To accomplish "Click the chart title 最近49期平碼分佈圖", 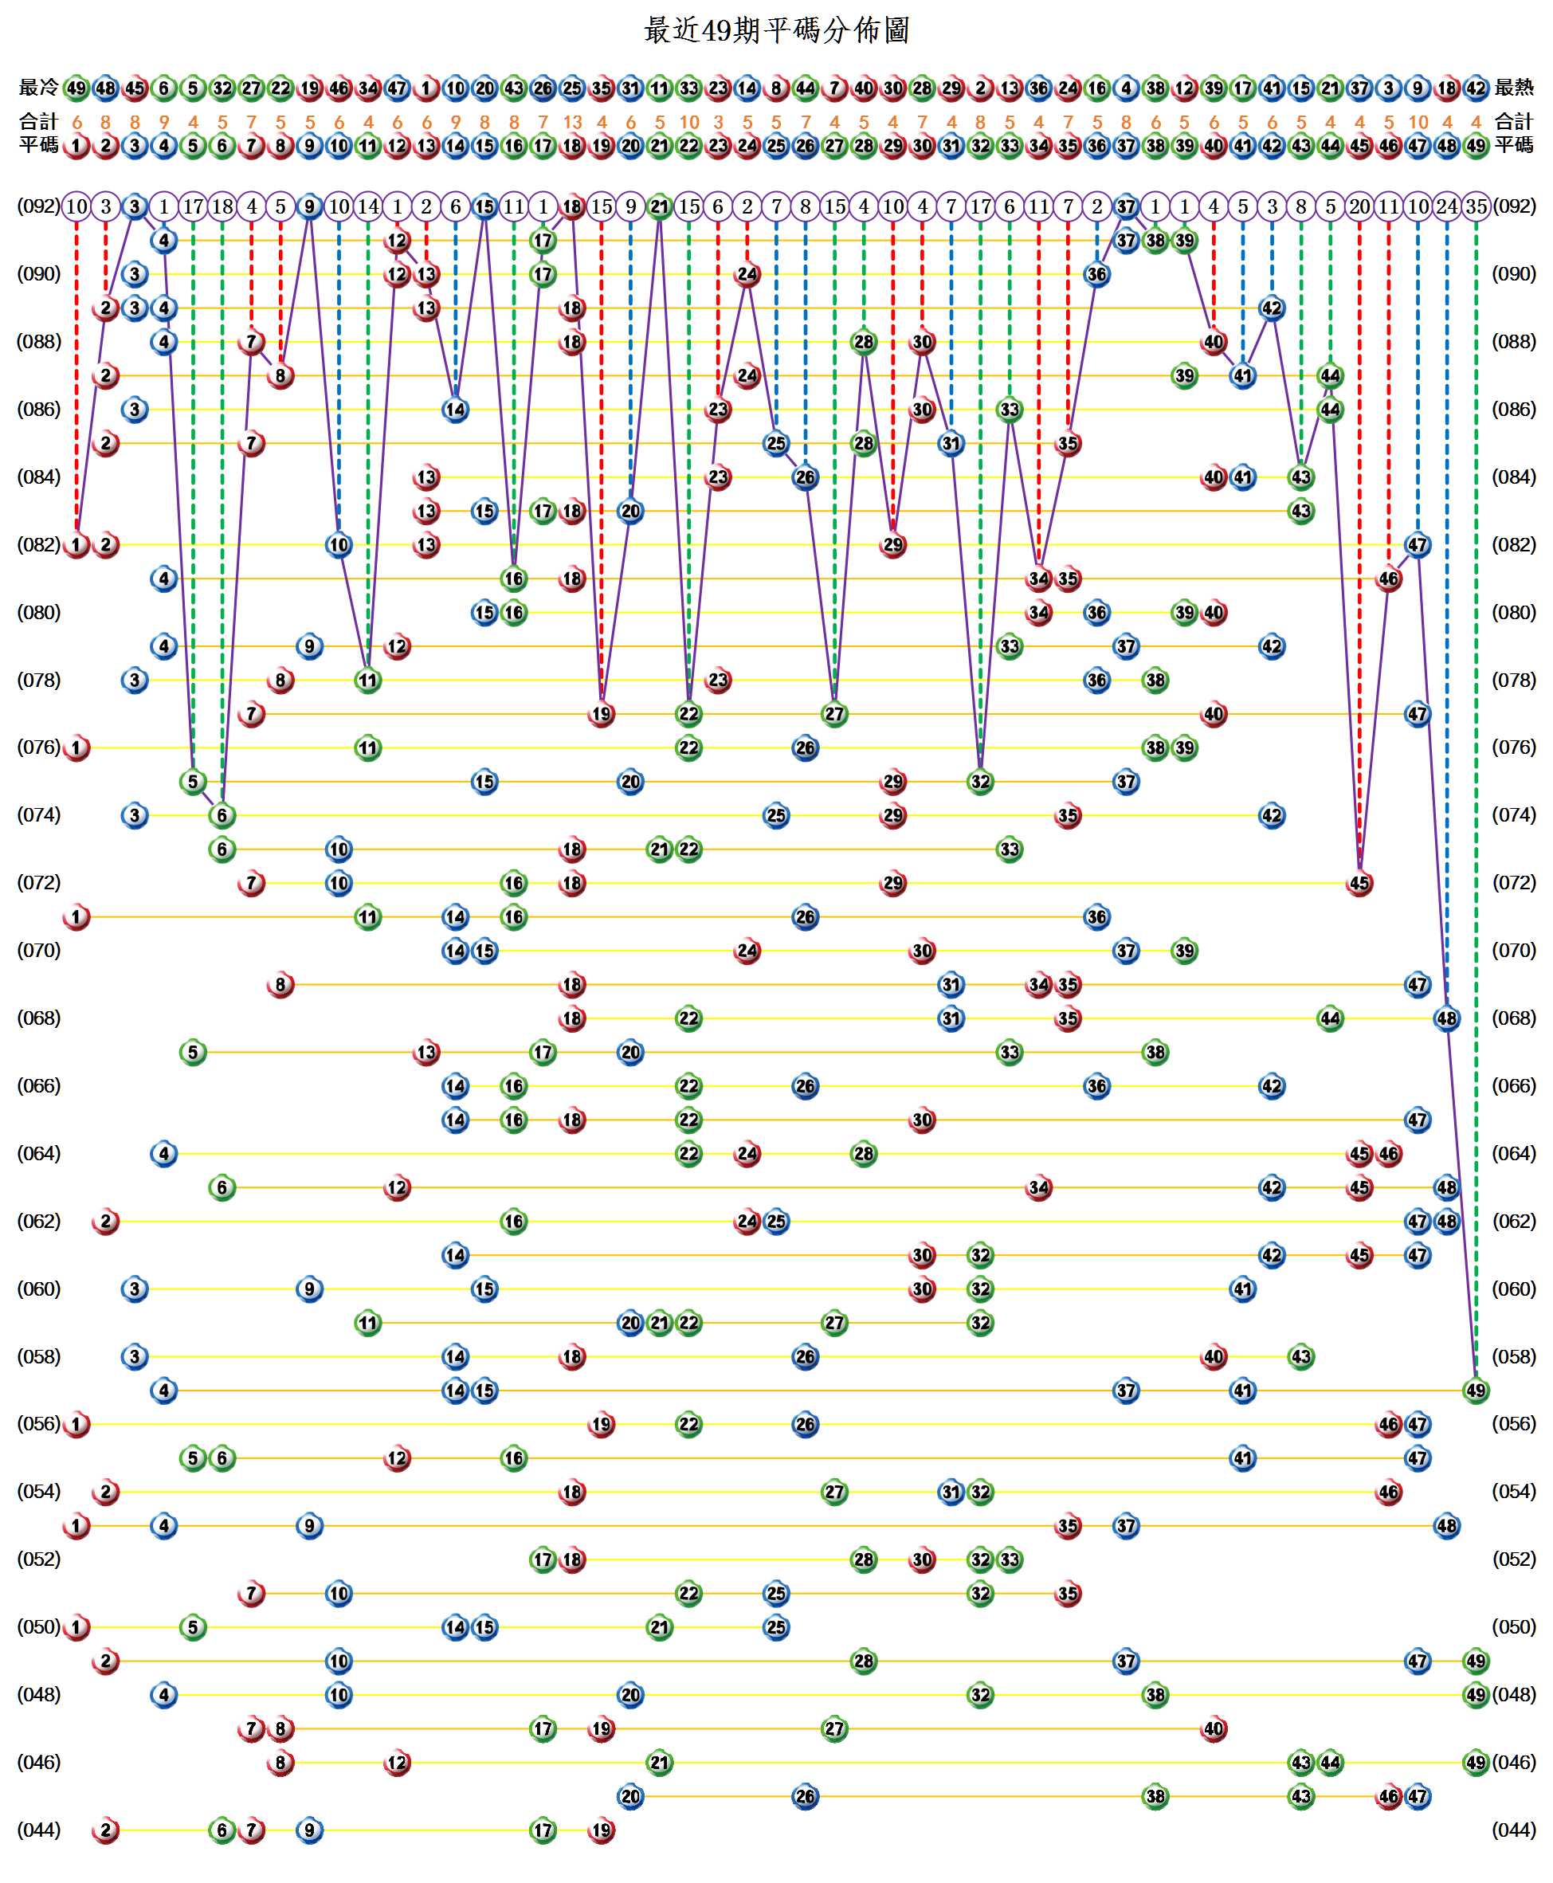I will pyautogui.click(x=775, y=30).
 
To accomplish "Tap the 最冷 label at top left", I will pyautogui.click(x=38, y=88).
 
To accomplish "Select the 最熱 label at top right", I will pyautogui.click(x=1514, y=88).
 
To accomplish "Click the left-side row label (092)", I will pyautogui.click(x=38, y=206).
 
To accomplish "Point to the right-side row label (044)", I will pyautogui.click(x=1514, y=1830).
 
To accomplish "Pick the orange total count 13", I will pyautogui.click(x=571, y=123).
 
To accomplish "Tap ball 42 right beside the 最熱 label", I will pyautogui.click(x=1476, y=88).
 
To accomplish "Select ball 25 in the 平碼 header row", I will pyautogui.click(x=775, y=145).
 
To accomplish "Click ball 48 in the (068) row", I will pyautogui.click(x=1446, y=1018).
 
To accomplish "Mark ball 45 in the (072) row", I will pyautogui.click(x=1359, y=883).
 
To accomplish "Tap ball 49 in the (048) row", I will pyautogui.click(x=1476, y=1694).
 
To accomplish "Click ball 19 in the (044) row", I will pyautogui.click(x=601, y=1830).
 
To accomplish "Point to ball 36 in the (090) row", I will pyautogui.click(x=1096, y=275).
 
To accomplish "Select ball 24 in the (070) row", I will pyautogui.click(x=747, y=950).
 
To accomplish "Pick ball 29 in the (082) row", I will pyautogui.click(x=892, y=545).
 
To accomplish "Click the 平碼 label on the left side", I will pyautogui.click(x=38, y=145).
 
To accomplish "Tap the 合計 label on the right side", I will pyautogui.click(x=1514, y=122).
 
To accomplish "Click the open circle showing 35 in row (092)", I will pyautogui.click(x=1476, y=206).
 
